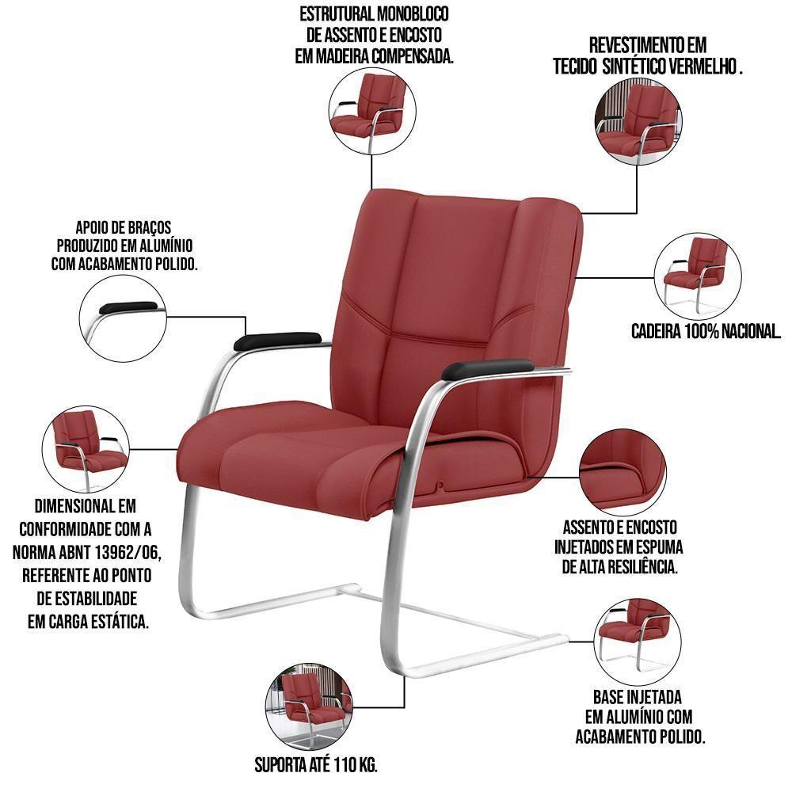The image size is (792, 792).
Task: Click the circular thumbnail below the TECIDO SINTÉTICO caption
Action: (639, 121)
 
